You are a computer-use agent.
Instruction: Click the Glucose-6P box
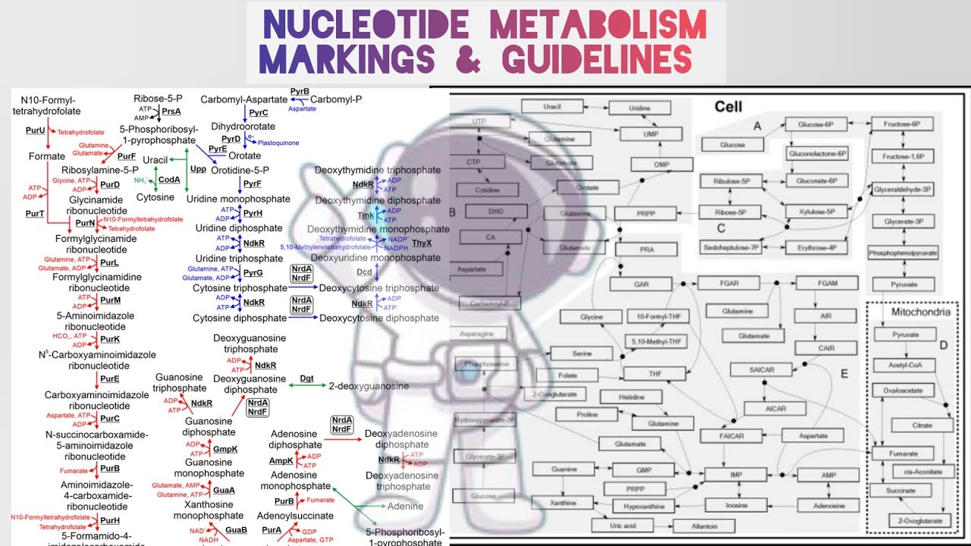(815, 124)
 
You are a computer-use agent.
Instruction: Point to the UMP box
(639, 133)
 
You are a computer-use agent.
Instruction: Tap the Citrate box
(922, 425)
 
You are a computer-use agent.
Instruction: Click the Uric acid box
(621, 526)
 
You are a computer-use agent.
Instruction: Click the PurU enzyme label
(35, 130)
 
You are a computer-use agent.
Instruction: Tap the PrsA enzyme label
(171, 111)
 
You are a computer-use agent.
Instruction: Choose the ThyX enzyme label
(422, 243)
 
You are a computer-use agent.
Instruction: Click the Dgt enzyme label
(306, 378)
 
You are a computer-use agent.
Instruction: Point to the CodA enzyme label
(169, 180)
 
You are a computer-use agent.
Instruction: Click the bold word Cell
(728, 107)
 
